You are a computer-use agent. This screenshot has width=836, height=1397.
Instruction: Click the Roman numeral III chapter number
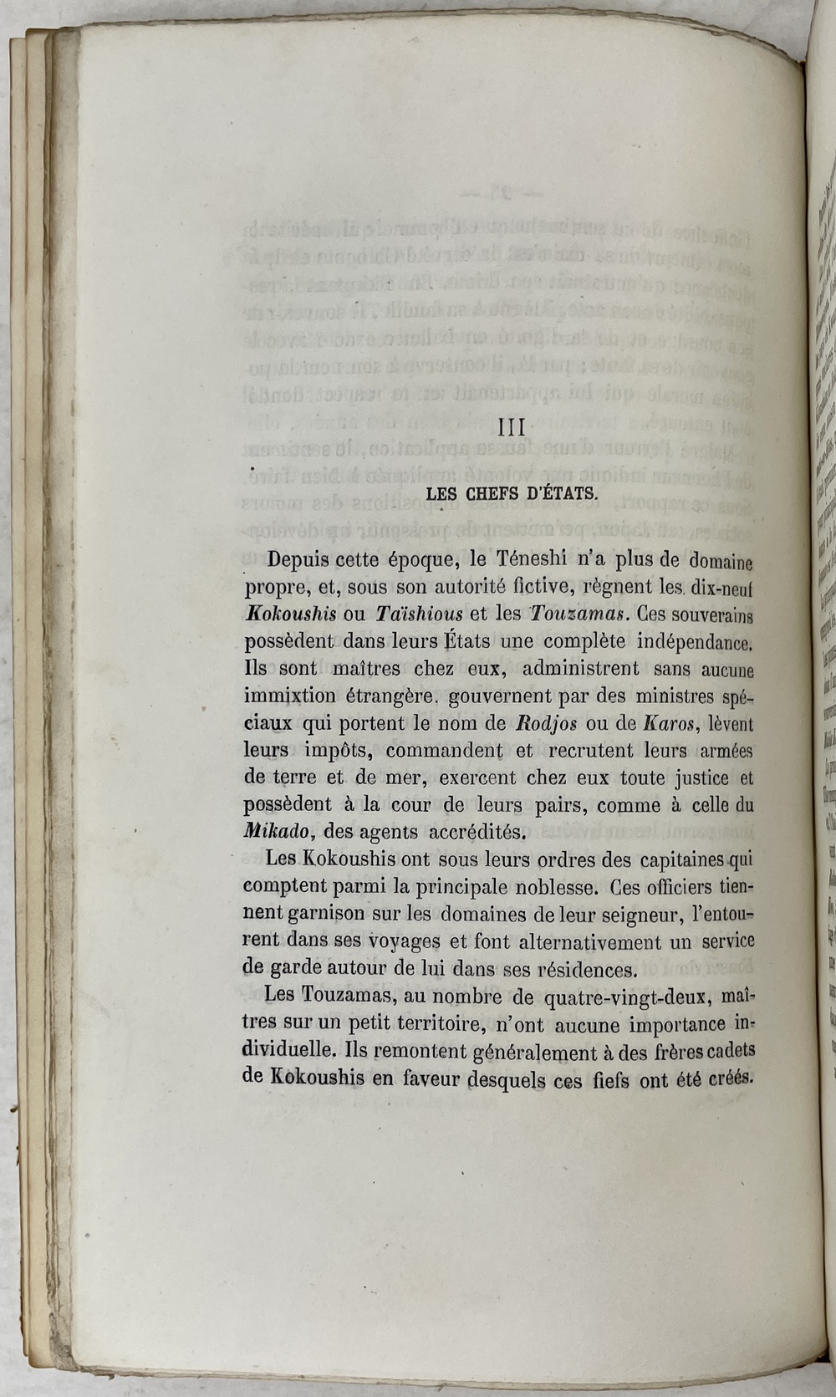coord(510,428)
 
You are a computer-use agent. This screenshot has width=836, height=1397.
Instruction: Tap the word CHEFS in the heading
coord(494,493)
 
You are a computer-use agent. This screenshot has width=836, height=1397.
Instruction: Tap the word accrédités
coord(477,832)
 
